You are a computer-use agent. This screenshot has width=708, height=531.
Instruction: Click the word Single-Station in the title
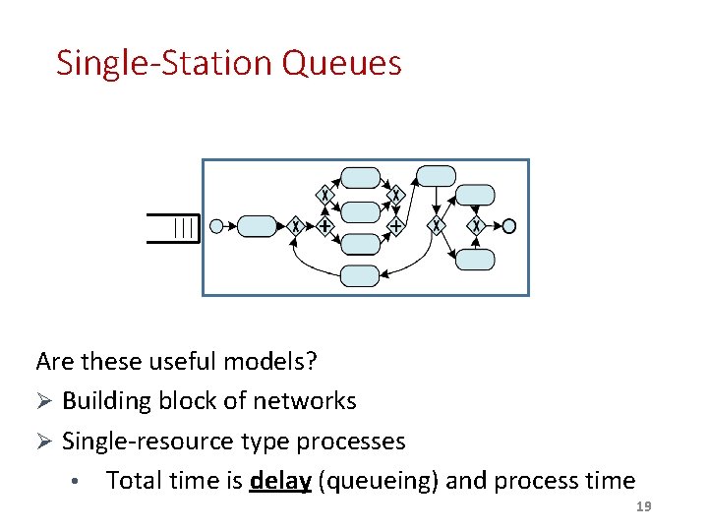point(164,63)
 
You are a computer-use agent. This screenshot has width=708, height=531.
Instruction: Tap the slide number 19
point(644,505)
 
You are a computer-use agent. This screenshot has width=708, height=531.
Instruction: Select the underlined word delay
point(280,481)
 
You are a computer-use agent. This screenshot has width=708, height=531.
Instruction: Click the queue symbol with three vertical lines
point(184,228)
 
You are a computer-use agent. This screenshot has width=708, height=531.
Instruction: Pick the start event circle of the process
point(216,226)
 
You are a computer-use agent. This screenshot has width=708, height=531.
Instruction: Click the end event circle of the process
point(508,226)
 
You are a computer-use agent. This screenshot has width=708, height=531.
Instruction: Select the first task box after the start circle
point(258,226)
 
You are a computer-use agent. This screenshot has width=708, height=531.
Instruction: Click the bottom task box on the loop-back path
point(359,275)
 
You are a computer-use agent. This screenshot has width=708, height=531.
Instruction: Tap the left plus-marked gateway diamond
point(324,226)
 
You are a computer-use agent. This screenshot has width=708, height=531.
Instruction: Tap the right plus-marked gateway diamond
point(395,226)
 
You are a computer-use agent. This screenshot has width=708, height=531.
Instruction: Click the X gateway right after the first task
point(294,226)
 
